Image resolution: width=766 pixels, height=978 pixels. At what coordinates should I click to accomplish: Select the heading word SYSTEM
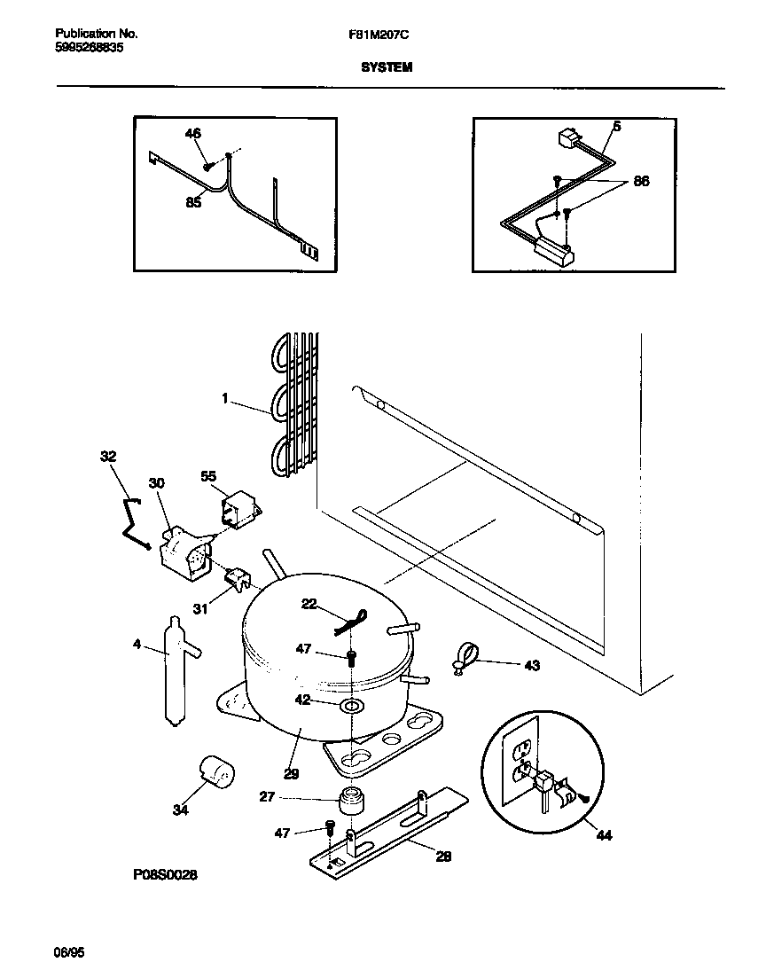[386, 67]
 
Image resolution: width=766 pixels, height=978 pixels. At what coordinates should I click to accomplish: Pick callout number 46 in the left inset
[192, 133]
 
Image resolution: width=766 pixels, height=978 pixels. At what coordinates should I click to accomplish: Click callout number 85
[193, 202]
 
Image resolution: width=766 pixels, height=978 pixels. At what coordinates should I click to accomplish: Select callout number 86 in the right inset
[641, 181]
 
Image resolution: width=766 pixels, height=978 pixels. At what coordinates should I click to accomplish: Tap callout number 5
[616, 127]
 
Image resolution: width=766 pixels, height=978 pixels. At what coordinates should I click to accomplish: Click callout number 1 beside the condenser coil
[226, 400]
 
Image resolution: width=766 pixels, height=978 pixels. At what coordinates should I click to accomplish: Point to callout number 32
[108, 458]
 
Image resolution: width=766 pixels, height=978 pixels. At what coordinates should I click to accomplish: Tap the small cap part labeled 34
[215, 771]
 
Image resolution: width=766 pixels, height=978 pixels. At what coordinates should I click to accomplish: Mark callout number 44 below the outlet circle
[604, 834]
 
